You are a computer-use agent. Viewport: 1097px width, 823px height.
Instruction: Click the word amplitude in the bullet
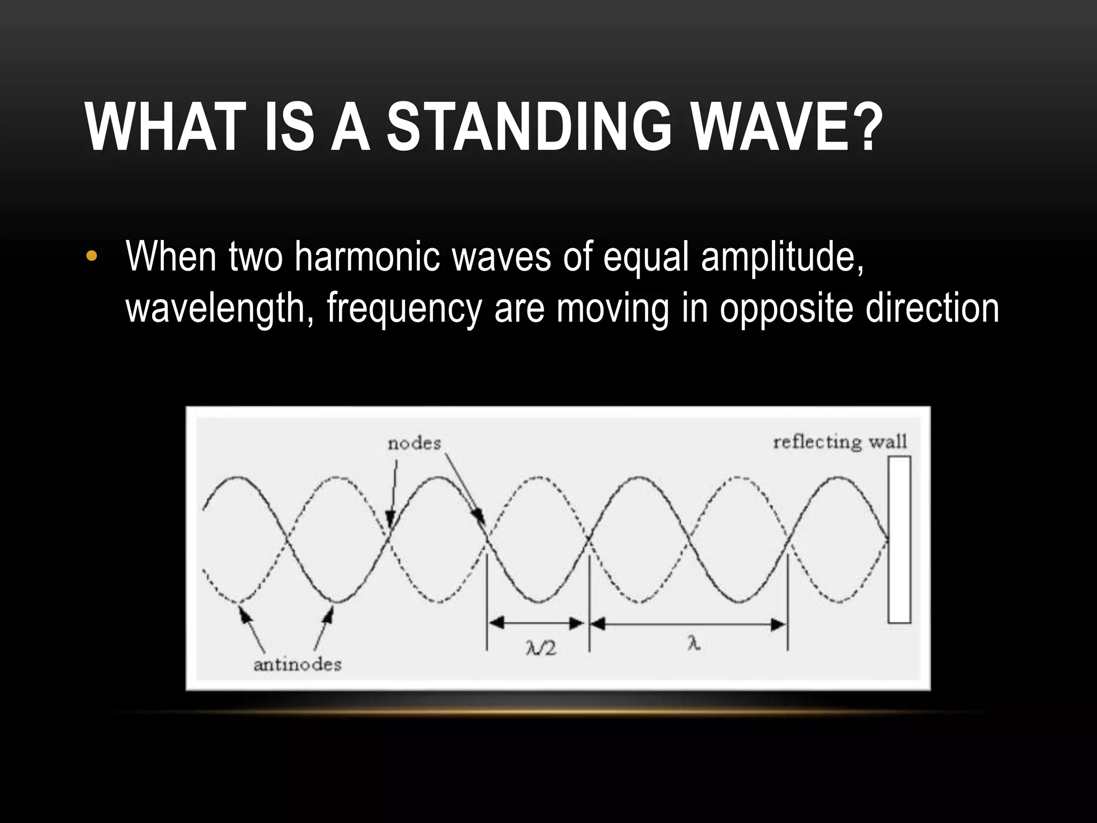[782, 257]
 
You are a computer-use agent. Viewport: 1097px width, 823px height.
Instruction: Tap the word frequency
[404, 309]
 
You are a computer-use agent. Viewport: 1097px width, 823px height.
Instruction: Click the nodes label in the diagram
[414, 444]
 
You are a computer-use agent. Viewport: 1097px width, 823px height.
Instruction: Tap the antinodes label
[297, 665]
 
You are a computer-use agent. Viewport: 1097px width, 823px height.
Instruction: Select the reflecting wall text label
[839, 442]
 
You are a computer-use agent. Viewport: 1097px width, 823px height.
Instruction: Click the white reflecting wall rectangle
[899, 539]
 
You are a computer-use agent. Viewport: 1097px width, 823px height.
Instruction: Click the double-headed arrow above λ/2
[537, 623]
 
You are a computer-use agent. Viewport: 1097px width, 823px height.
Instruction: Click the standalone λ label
[694, 644]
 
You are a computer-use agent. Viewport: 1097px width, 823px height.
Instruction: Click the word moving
[613, 309]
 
